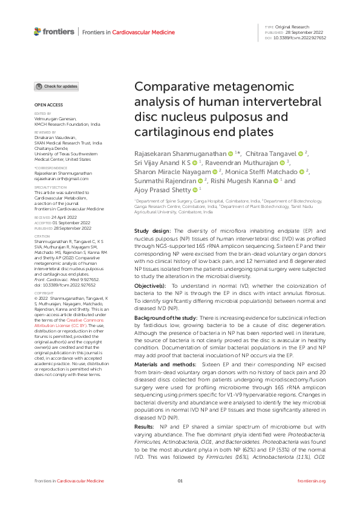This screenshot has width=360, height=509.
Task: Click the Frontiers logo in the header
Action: (55, 31)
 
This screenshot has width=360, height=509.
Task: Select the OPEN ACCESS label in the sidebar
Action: (45, 105)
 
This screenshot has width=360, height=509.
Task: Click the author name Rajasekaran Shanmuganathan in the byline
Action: (180, 155)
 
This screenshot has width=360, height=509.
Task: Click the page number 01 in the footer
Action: (180, 498)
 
